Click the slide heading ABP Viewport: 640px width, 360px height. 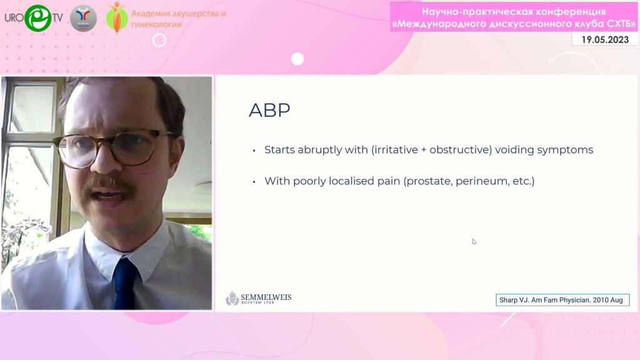pyautogui.click(x=269, y=110)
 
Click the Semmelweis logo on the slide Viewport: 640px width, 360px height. pyautogui.click(x=258, y=298)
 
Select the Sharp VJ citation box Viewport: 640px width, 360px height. pyautogui.click(x=562, y=300)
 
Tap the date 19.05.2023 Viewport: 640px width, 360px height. pyautogui.click(x=605, y=39)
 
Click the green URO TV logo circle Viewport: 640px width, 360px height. pyautogui.click(x=37, y=18)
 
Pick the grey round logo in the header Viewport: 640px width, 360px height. pyautogui.click(x=83, y=18)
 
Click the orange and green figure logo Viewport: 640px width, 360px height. pyautogui.click(x=117, y=17)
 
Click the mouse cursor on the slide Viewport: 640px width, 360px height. pyautogui.click(x=474, y=242)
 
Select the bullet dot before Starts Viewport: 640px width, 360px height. pyautogui.click(x=254, y=151)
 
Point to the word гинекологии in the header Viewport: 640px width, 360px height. pyautogui.click(x=156, y=24)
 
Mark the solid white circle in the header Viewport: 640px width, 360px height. pyautogui.click(x=297, y=59)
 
